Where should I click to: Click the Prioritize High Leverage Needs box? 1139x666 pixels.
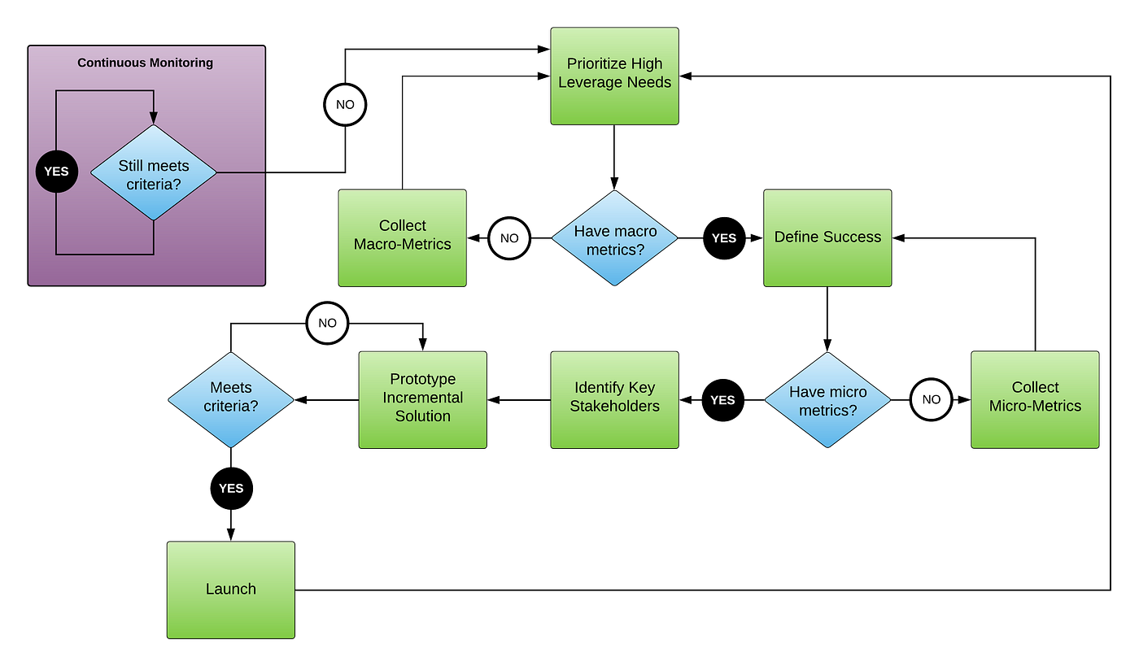tap(614, 76)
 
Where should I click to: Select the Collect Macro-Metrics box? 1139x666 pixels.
tap(402, 237)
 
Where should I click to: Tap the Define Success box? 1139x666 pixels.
tap(827, 237)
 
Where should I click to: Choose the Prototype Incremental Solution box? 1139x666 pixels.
tap(422, 399)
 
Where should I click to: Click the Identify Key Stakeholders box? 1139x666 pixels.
tap(614, 399)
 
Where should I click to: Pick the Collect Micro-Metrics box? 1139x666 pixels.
tap(1035, 399)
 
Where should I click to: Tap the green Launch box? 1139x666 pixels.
tap(231, 590)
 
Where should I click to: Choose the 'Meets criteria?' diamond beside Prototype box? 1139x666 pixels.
tap(231, 399)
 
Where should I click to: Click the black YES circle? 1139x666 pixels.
tap(57, 172)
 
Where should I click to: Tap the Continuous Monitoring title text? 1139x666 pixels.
tap(145, 63)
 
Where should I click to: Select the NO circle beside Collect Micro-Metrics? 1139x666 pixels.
tap(932, 399)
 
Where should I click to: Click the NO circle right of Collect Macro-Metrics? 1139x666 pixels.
tap(509, 238)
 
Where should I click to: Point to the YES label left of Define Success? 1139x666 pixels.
tap(723, 238)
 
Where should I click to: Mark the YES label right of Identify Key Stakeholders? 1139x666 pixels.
tap(722, 400)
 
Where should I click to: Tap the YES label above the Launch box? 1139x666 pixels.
tap(231, 489)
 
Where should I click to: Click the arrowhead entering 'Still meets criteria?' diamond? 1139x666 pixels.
tap(153, 119)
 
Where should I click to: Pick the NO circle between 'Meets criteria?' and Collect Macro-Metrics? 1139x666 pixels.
tap(327, 323)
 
